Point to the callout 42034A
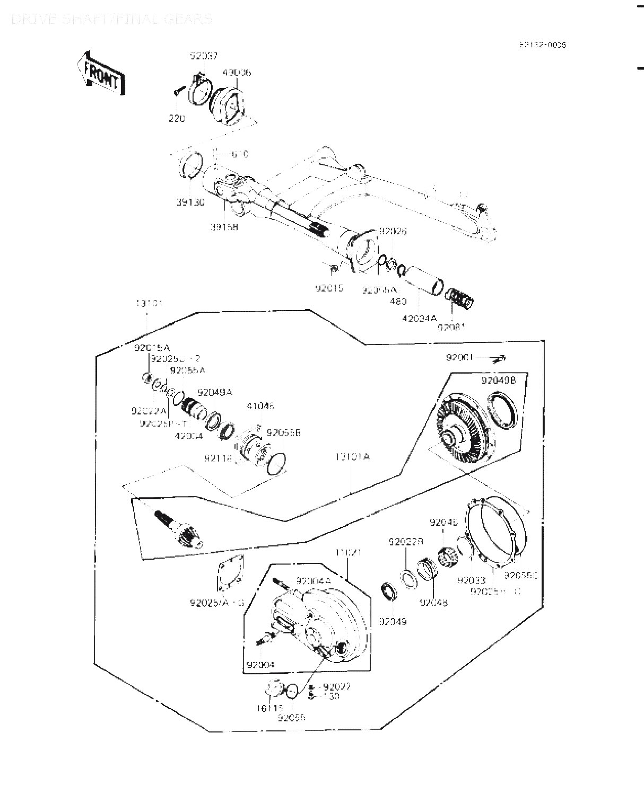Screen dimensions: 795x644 419,318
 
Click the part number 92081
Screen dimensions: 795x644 451,328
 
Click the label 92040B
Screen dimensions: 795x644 498,380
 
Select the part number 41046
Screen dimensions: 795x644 260,407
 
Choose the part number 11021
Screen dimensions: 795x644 348,552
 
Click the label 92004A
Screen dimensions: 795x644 313,581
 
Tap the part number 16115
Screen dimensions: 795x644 271,708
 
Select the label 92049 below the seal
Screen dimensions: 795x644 393,621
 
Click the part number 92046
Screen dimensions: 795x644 443,522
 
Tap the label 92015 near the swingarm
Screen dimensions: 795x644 329,289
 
